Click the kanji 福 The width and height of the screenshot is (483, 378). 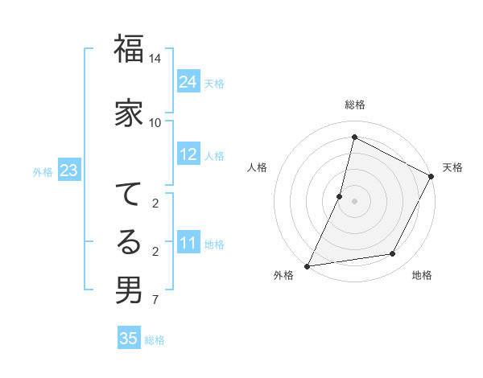click(129, 51)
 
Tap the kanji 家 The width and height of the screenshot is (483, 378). click(129, 113)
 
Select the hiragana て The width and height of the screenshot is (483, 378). click(129, 194)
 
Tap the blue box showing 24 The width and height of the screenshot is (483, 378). click(188, 82)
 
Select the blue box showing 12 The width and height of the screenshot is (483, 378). click(188, 155)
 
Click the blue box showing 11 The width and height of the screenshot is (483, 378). click(188, 244)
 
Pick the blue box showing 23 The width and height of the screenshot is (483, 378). click(68, 171)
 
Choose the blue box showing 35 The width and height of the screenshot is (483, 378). click(129, 339)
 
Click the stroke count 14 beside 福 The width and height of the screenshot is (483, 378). click(155, 59)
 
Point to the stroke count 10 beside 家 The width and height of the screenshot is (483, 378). click(155, 122)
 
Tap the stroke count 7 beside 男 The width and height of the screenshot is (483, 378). click(155, 301)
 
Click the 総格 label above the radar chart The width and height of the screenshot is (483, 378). click(354, 105)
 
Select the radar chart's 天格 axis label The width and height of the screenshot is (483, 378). click(452, 167)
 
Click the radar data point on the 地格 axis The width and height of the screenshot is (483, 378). click(393, 254)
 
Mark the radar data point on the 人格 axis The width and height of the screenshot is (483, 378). click(340, 196)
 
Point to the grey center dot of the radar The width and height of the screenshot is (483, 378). click(354, 201)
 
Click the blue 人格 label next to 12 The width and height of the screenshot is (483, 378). click(214, 156)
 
